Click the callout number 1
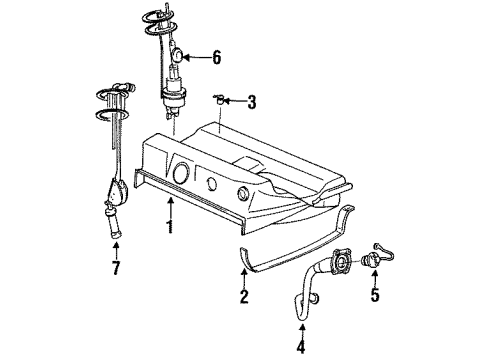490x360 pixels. [170, 227]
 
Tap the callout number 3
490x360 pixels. [252, 101]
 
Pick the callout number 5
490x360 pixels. [376, 297]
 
